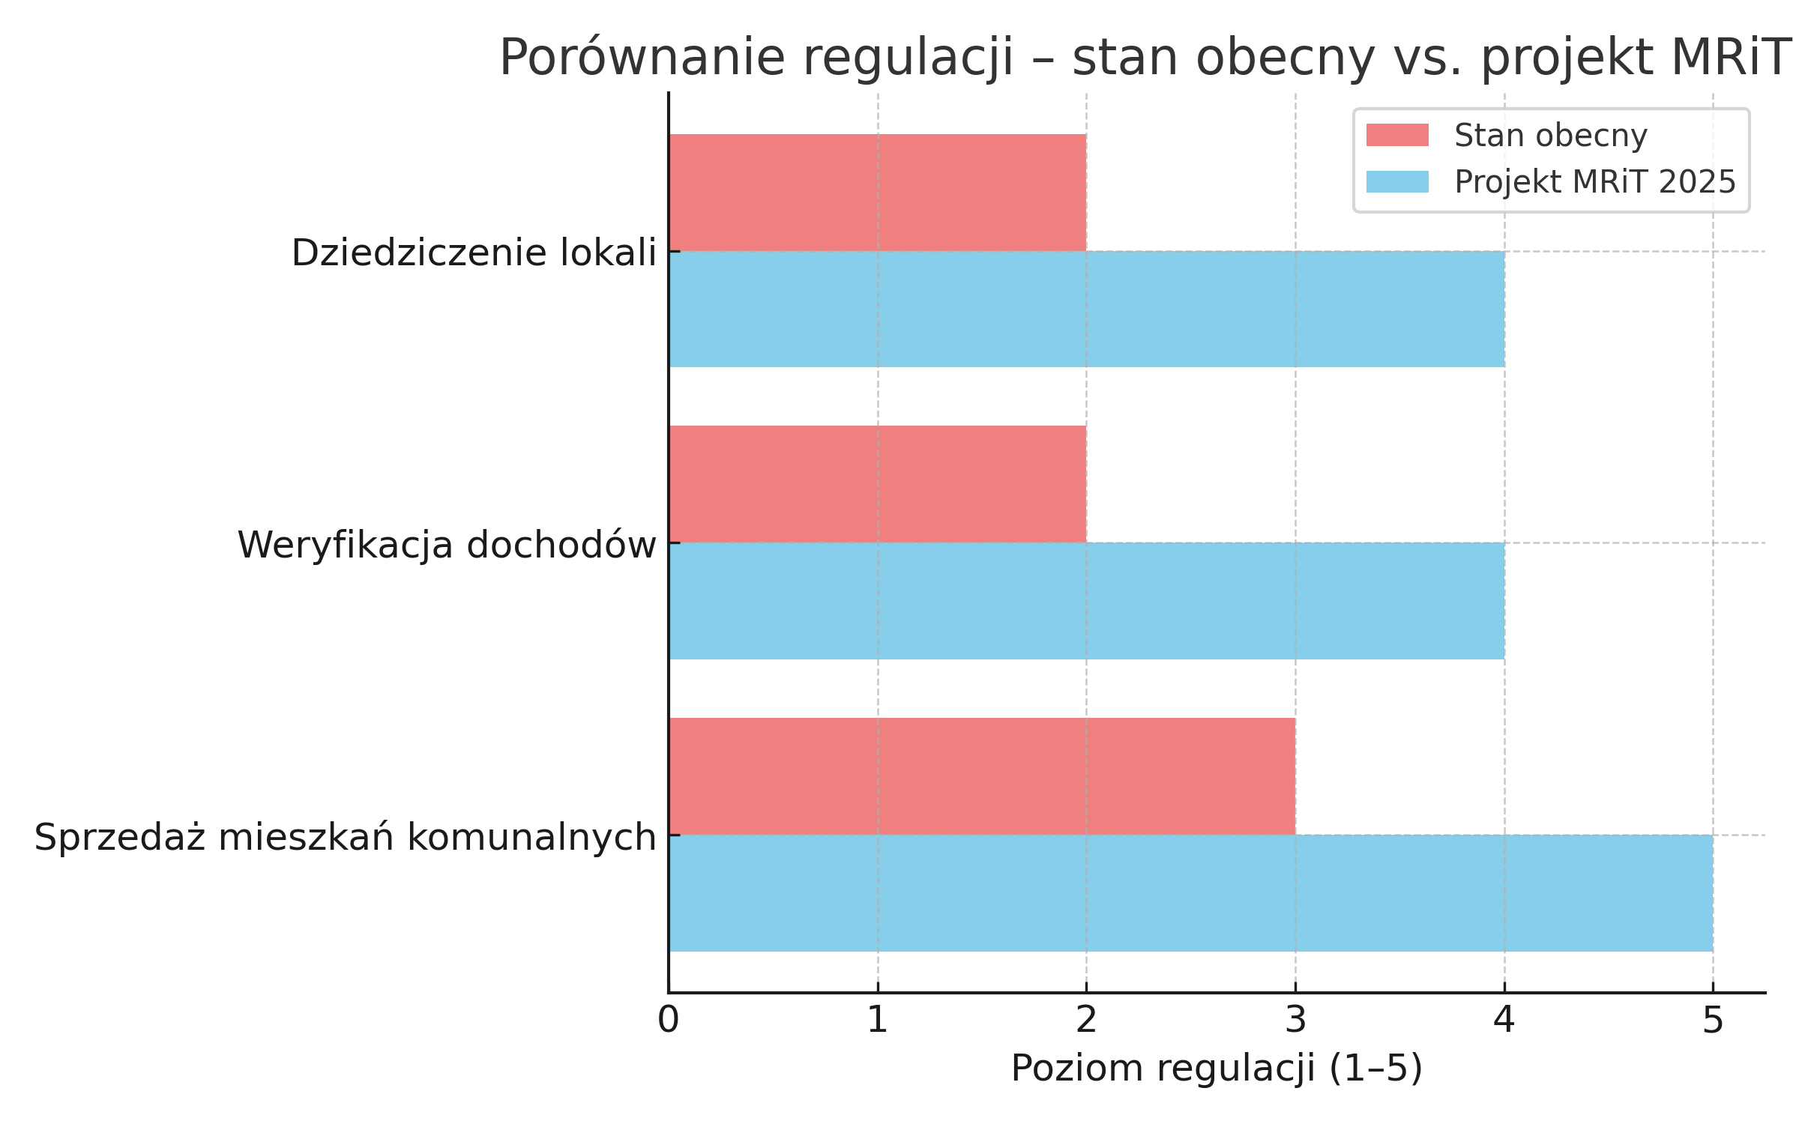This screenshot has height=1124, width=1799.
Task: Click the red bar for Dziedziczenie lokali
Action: (877, 193)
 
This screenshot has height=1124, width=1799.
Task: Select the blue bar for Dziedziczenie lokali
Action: (1086, 309)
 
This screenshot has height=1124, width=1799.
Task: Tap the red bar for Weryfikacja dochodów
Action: (877, 484)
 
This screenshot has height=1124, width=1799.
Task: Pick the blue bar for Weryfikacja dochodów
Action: (1086, 601)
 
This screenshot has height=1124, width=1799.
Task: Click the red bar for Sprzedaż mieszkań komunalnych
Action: (982, 776)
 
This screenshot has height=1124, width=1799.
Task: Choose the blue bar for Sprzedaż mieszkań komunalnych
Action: (1190, 893)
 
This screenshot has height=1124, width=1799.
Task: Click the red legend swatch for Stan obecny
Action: (1397, 136)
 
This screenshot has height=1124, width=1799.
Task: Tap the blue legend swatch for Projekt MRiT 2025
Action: (1397, 182)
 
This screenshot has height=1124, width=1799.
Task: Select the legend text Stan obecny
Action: (1550, 136)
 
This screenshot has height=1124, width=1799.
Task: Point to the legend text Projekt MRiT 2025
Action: (1594, 182)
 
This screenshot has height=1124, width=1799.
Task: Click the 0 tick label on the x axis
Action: (668, 1021)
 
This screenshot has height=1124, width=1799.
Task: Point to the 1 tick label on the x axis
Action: (877, 1021)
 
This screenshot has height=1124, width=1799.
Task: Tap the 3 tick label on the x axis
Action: (1295, 1021)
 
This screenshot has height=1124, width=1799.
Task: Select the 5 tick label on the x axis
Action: (1713, 1021)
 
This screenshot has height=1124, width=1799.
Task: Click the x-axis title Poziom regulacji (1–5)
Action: (1216, 1069)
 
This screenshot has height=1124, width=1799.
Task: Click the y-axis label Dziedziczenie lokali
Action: (474, 253)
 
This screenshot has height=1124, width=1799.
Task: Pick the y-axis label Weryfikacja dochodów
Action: (447, 545)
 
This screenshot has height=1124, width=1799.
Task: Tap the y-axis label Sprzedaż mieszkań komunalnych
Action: (345, 837)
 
